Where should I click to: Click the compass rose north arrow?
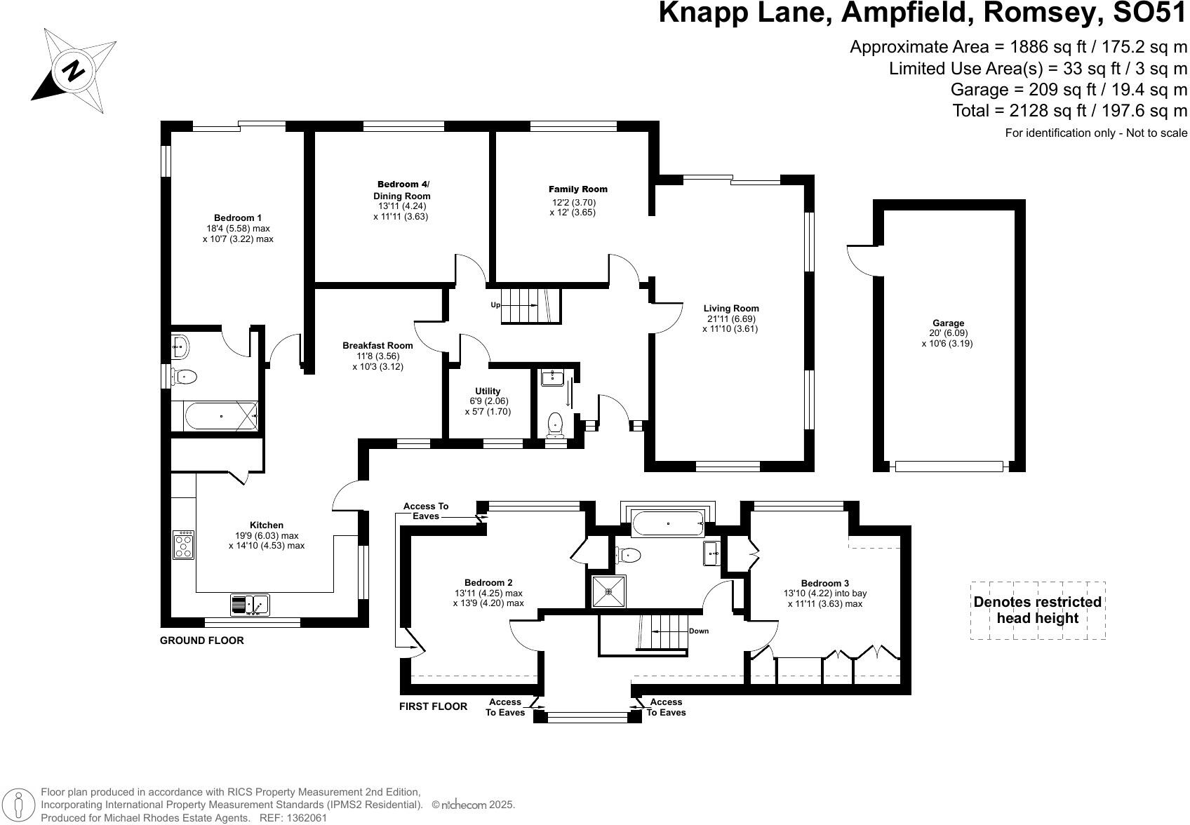pos(73,70)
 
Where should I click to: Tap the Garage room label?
pos(948,323)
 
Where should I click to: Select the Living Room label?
pos(731,308)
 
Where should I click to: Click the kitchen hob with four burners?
pos(184,544)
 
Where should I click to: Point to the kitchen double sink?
pos(250,604)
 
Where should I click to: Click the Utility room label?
pos(488,391)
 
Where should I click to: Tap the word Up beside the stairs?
pos(495,305)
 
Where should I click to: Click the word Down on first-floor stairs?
pos(698,631)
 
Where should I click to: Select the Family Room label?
pos(578,189)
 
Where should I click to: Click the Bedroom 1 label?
pos(238,217)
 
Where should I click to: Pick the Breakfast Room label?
pos(377,345)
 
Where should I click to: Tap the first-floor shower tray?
pos(608,591)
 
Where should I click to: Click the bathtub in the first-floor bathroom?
pos(667,523)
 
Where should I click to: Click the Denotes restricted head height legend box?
pos(1038,610)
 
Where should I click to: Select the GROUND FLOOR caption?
pos(202,640)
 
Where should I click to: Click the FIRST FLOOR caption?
pos(433,706)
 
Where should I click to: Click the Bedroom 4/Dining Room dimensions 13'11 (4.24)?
pos(401,206)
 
